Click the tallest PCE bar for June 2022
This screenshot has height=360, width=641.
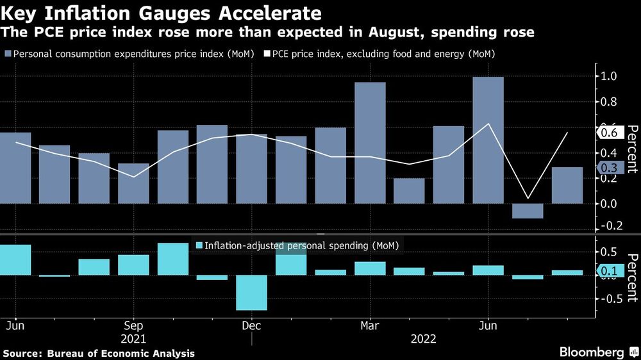tap(488, 140)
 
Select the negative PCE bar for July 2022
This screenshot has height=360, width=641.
tap(528, 211)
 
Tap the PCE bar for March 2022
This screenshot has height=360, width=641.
tap(370, 143)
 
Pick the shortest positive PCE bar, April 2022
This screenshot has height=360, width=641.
tap(409, 191)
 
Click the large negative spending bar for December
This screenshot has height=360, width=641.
tap(251, 293)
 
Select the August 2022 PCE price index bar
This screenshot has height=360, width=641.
tap(567, 185)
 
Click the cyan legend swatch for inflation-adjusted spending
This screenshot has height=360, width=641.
tap(198, 245)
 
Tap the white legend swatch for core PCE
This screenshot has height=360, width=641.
tap(267, 54)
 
